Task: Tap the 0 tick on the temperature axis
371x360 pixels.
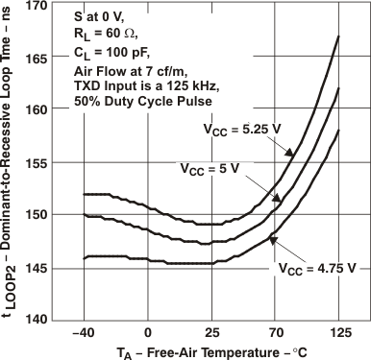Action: coord(148,332)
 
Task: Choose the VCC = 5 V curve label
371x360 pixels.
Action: coord(212,167)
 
